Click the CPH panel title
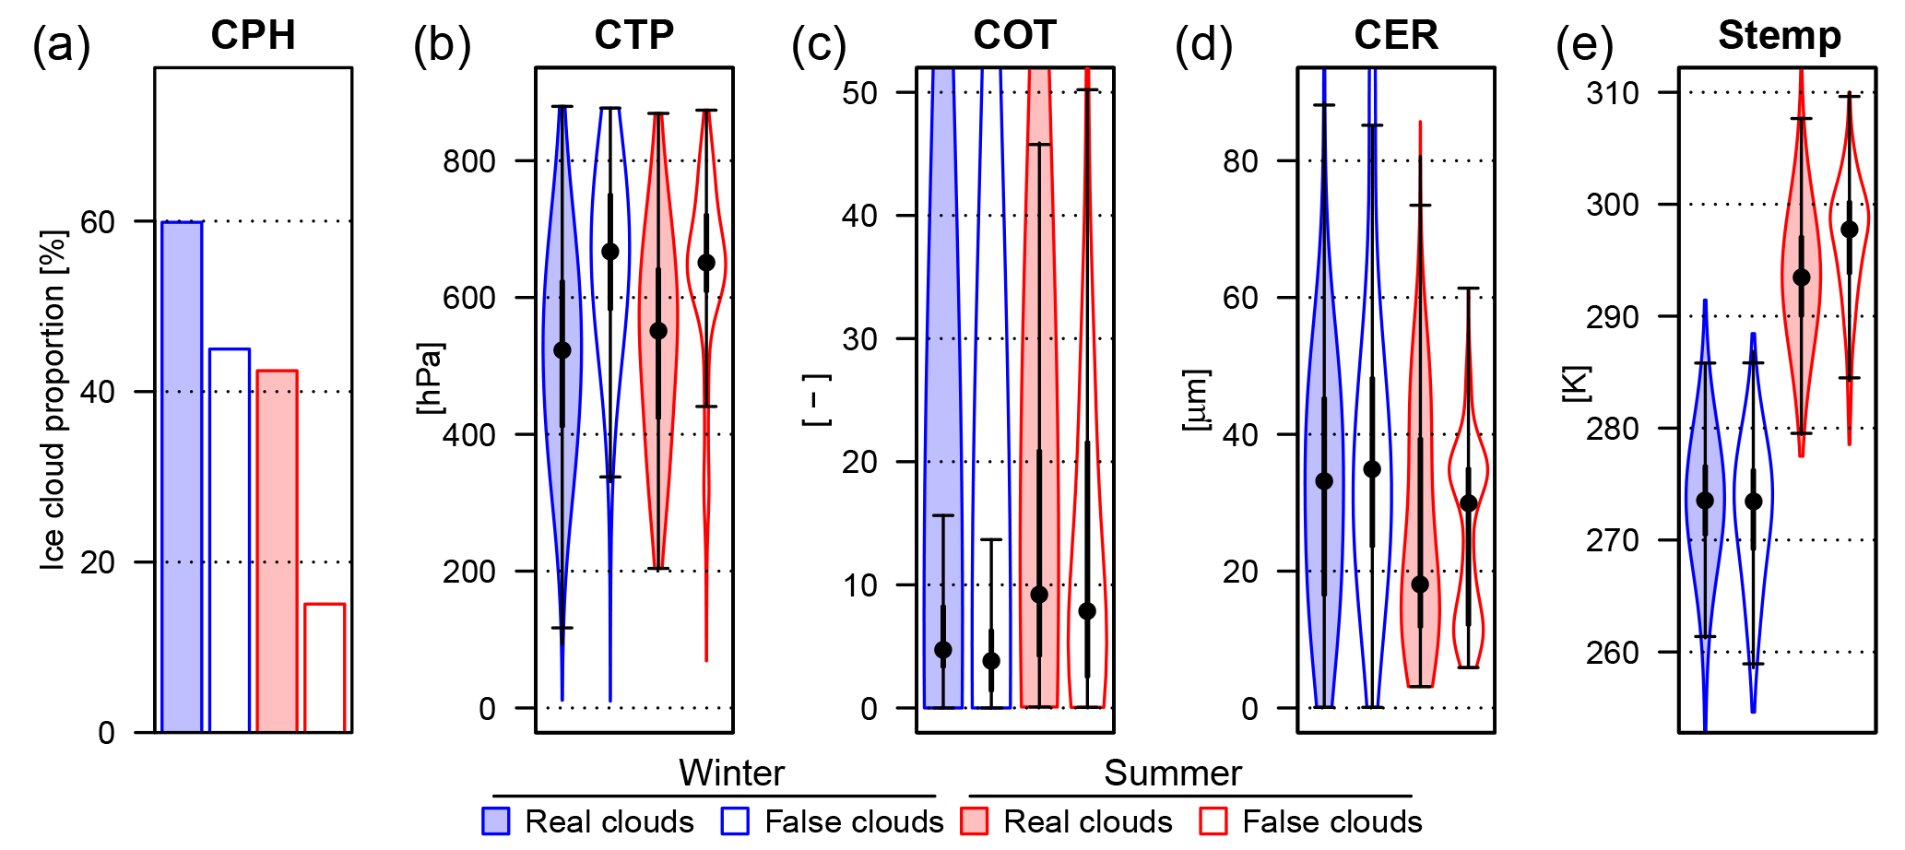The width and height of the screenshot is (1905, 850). [253, 36]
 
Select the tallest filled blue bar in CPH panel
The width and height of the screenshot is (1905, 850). [182, 477]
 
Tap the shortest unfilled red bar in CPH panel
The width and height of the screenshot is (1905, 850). [325, 667]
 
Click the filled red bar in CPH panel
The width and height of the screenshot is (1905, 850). [277, 550]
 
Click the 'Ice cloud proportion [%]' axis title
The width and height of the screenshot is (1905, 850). [53, 400]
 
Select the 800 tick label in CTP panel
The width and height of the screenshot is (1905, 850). [469, 161]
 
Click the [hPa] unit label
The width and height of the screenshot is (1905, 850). [430, 379]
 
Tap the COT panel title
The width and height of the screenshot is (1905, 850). [1014, 36]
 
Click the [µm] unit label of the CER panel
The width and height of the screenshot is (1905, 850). [1196, 400]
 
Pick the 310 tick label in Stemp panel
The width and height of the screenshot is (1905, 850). [1613, 93]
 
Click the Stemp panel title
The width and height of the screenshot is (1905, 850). [1780, 36]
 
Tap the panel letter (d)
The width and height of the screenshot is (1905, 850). [1203, 44]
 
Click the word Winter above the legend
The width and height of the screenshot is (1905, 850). [731, 773]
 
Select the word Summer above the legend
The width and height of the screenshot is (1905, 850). [1173, 773]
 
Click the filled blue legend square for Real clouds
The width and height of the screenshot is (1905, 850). [496, 821]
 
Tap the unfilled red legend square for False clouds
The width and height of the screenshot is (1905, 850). [1213, 821]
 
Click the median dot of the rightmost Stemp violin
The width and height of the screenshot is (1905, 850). [1850, 230]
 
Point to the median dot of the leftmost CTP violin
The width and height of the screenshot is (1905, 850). [562, 350]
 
